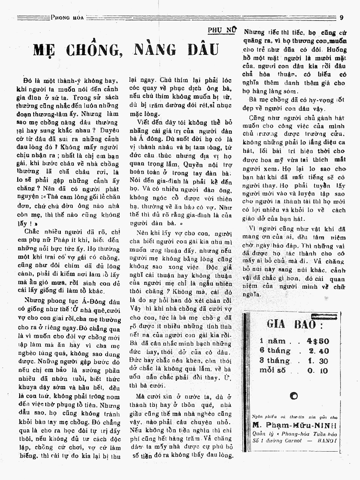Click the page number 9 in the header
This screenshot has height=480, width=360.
coord(341,17)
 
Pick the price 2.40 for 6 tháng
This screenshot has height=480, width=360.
coord(318,351)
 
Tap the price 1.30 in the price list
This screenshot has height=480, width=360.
coord(318,360)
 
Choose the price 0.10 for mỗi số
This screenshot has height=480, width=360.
coord(318,370)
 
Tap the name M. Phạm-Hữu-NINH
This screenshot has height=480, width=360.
coord(294,425)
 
